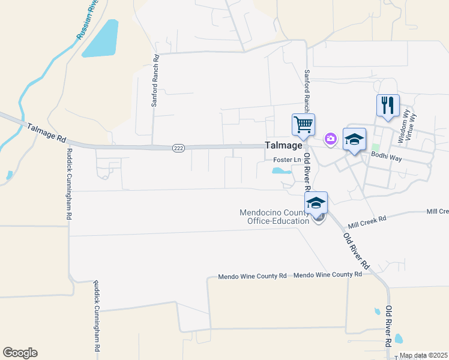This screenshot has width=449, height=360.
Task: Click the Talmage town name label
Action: coord(283,145)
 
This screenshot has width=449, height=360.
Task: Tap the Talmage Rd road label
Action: coord(46,132)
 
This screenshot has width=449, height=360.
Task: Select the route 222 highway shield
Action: coord(178,148)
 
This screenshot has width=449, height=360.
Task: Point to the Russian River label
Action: coord(88,21)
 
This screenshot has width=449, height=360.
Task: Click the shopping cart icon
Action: coord(303,124)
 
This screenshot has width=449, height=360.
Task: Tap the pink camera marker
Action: coord(330,139)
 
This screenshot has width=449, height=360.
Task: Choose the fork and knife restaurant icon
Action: coord(387,105)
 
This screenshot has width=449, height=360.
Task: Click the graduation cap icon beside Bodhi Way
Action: coord(354,140)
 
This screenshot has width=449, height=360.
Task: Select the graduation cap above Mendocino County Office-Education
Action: coord(316,203)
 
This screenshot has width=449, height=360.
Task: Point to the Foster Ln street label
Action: coord(287,160)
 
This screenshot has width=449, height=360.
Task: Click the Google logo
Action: coord(20,353)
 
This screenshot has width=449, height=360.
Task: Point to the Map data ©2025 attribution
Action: coord(423,355)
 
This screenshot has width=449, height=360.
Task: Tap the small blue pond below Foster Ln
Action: coord(281,171)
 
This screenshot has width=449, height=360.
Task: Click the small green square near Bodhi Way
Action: coord(376,148)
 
